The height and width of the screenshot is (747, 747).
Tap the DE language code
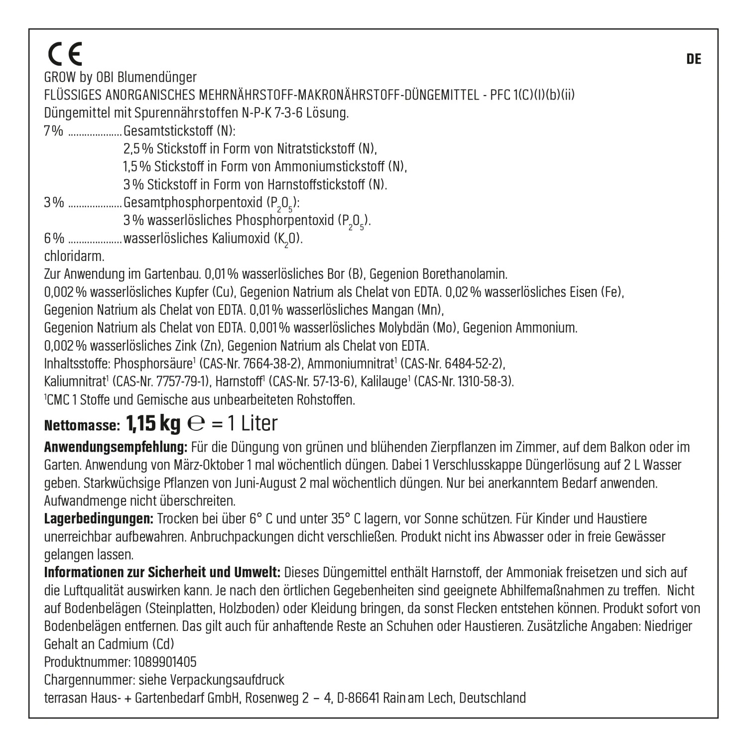coord(693,59)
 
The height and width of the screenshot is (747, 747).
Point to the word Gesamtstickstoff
coord(169,131)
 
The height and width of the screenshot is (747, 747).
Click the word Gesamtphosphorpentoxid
coord(193,203)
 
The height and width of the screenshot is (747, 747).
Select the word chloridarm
coord(74,256)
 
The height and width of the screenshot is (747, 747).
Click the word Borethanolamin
coord(464,274)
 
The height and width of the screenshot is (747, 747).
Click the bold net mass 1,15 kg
coord(153,424)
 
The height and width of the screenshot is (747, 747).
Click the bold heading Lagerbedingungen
coord(99,518)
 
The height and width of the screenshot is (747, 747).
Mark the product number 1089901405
coord(165,662)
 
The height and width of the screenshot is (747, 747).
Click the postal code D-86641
coord(358,698)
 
